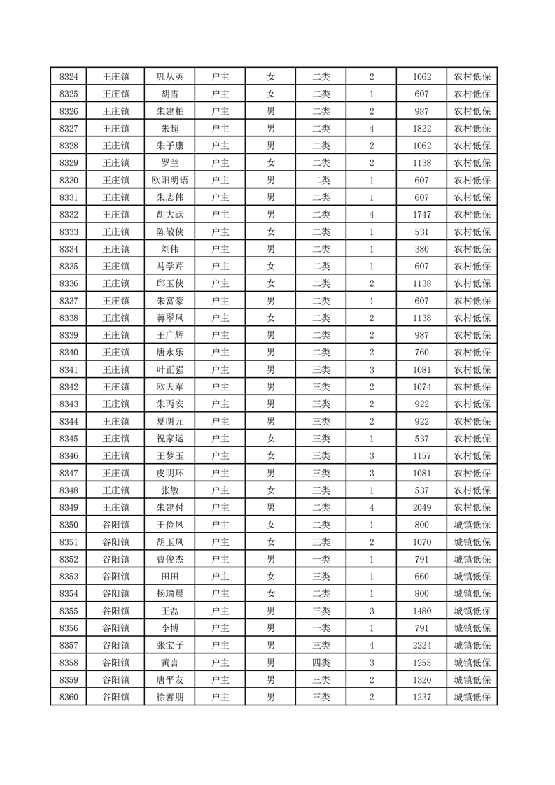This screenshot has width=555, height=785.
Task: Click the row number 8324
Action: [x=69, y=77]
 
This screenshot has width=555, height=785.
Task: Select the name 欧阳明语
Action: [x=170, y=180]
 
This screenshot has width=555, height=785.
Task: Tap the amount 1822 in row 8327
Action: [x=422, y=129]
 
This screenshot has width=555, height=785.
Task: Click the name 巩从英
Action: [x=170, y=77]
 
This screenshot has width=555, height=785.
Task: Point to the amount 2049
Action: [x=422, y=507]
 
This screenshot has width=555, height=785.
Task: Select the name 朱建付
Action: [x=170, y=507]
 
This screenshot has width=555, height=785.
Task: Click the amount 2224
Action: [x=422, y=645]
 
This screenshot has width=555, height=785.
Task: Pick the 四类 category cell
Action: [x=321, y=663]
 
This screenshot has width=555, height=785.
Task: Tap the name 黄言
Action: [x=170, y=663]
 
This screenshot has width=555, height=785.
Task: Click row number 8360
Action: [x=69, y=697]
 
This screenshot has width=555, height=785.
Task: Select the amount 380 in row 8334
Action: [x=422, y=249]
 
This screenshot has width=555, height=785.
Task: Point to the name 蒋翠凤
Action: [x=170, y=318]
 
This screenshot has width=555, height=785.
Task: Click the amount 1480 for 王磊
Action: [x=422, y=611]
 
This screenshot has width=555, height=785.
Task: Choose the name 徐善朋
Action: [x=170, y=697]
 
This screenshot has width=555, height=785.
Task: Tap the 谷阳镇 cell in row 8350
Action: [x=115, y=525]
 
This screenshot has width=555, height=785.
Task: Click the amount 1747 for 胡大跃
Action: [x=422, y=215]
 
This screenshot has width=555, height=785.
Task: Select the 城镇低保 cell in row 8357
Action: [x=472, y=645]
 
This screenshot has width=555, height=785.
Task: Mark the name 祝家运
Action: [x=170, y=439]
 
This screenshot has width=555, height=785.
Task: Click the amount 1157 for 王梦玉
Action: [x=422, y=455]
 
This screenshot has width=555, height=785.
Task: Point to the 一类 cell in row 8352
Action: [x=321, y=559]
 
